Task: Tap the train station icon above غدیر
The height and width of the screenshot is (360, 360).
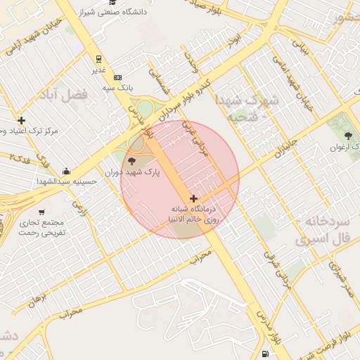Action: [x=98, y=59]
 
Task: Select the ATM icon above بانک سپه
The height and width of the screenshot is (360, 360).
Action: [x=117, y=77]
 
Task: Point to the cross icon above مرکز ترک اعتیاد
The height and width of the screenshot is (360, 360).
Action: [x=22, y=121]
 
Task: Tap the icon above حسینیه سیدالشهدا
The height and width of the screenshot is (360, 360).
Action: [x=66, y=171]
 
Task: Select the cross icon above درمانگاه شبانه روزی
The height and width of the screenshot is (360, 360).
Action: [x=193, y=199]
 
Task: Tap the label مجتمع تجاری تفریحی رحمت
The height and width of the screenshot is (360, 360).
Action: [x=41, y=227]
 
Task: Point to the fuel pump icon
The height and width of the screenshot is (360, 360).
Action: [x=264, y=353]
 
